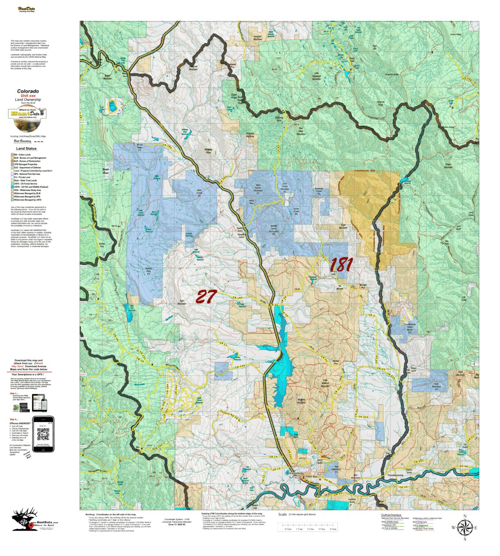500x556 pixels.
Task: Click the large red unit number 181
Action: (x=341, y=264)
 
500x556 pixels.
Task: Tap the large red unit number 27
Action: (x=206, y=297)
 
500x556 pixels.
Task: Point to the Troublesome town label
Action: (x=395, y=475)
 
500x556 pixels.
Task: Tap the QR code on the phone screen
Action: (x=43, y=434)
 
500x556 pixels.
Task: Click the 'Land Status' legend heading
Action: (x=27, y=149)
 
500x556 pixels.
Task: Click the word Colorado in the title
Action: (x=28, y=91)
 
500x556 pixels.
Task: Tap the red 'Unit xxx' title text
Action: (x=28, y=96)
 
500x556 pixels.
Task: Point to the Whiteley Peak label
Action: (x=208, y=151)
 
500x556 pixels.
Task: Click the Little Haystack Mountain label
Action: (x=316, y=76)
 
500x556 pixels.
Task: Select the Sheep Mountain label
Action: (x=448, y=166)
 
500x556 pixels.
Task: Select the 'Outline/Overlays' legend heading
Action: (x=390, y=515)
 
